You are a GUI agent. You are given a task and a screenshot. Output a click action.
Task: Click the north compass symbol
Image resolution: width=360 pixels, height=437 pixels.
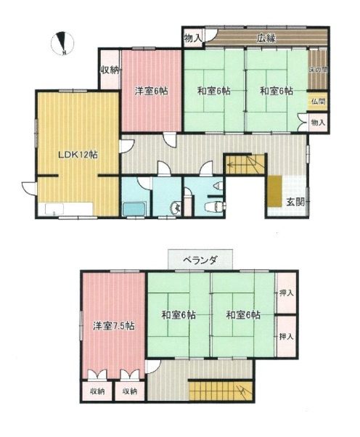coord(65,44)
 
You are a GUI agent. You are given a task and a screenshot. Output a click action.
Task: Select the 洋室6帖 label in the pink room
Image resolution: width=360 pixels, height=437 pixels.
coord(151,91)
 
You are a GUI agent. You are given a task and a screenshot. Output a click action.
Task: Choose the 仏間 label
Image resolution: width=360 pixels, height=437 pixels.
coord(319,102)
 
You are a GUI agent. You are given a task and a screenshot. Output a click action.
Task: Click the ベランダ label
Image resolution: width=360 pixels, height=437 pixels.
coord(197,259)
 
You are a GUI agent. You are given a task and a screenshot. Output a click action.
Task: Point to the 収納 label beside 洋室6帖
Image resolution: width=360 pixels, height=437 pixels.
coord(110,70)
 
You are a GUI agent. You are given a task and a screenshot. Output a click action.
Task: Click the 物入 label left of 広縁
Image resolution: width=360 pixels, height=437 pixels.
coord(192,38)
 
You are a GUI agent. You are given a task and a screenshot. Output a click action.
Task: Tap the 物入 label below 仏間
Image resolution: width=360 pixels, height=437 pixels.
coord(319,123)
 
